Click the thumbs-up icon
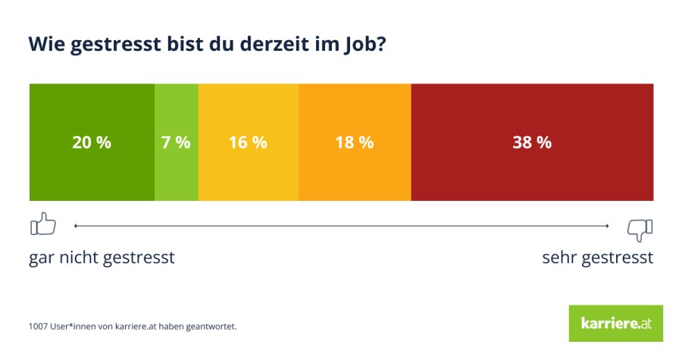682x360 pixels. coord(43,224)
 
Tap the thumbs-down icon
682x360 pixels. coord(640,230)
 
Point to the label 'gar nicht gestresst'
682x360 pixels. coord(102,258)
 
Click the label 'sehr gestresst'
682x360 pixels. coord(598,258)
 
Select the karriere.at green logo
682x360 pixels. coord(616,324)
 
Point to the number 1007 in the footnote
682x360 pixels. coord(38,326)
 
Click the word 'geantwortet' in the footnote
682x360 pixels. coord(211,327)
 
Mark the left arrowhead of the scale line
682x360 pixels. coord(76,226)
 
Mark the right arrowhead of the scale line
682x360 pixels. coord(607,226)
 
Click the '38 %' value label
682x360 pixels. coord(532,142)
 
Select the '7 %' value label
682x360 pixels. coord(176,142)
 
